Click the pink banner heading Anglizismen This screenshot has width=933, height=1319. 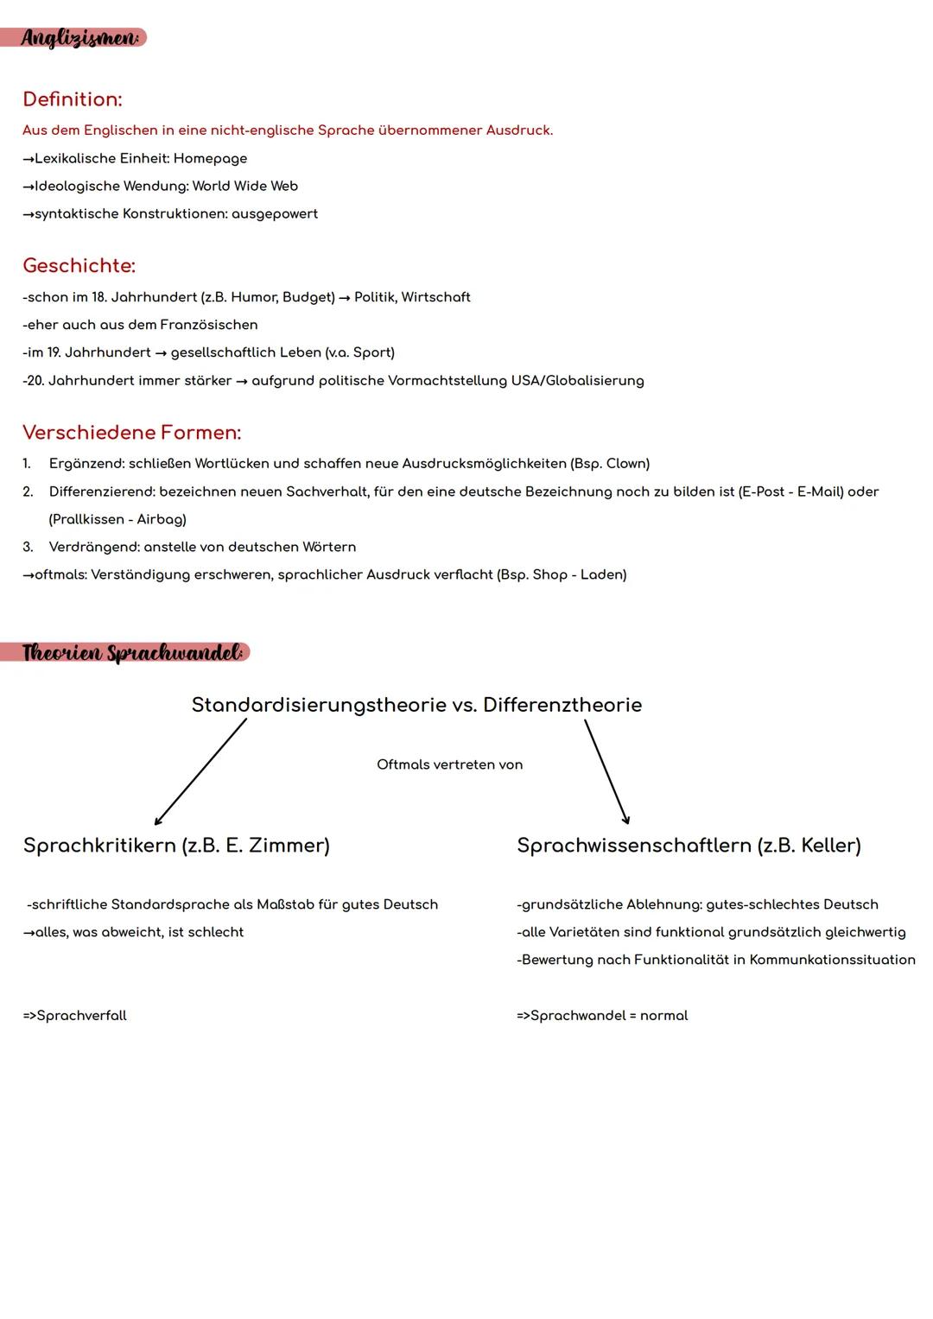coord(79,38)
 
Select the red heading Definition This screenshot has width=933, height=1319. coord(73,99)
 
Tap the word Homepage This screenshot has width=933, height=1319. coord(210,158)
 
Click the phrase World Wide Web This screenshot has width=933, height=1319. coord(244,186)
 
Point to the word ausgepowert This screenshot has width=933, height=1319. coord(274,213)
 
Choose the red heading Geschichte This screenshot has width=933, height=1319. coord(79,265)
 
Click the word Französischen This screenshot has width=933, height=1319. coord(209,325)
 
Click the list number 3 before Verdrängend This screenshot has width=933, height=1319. coord(28,547)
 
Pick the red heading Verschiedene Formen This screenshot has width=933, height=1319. coord(131,432)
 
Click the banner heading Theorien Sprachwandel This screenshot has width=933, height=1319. coord(130,652)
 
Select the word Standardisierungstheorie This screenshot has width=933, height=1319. coord(319,705)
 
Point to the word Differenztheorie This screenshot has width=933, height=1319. coord(562,705)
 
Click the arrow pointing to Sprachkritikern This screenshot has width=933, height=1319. coord(200,772)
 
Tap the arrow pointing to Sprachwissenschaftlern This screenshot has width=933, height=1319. coord(606,772)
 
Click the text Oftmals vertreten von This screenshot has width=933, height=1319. coord(449,764)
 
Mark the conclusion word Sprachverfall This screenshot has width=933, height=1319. coord(81,1016)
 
